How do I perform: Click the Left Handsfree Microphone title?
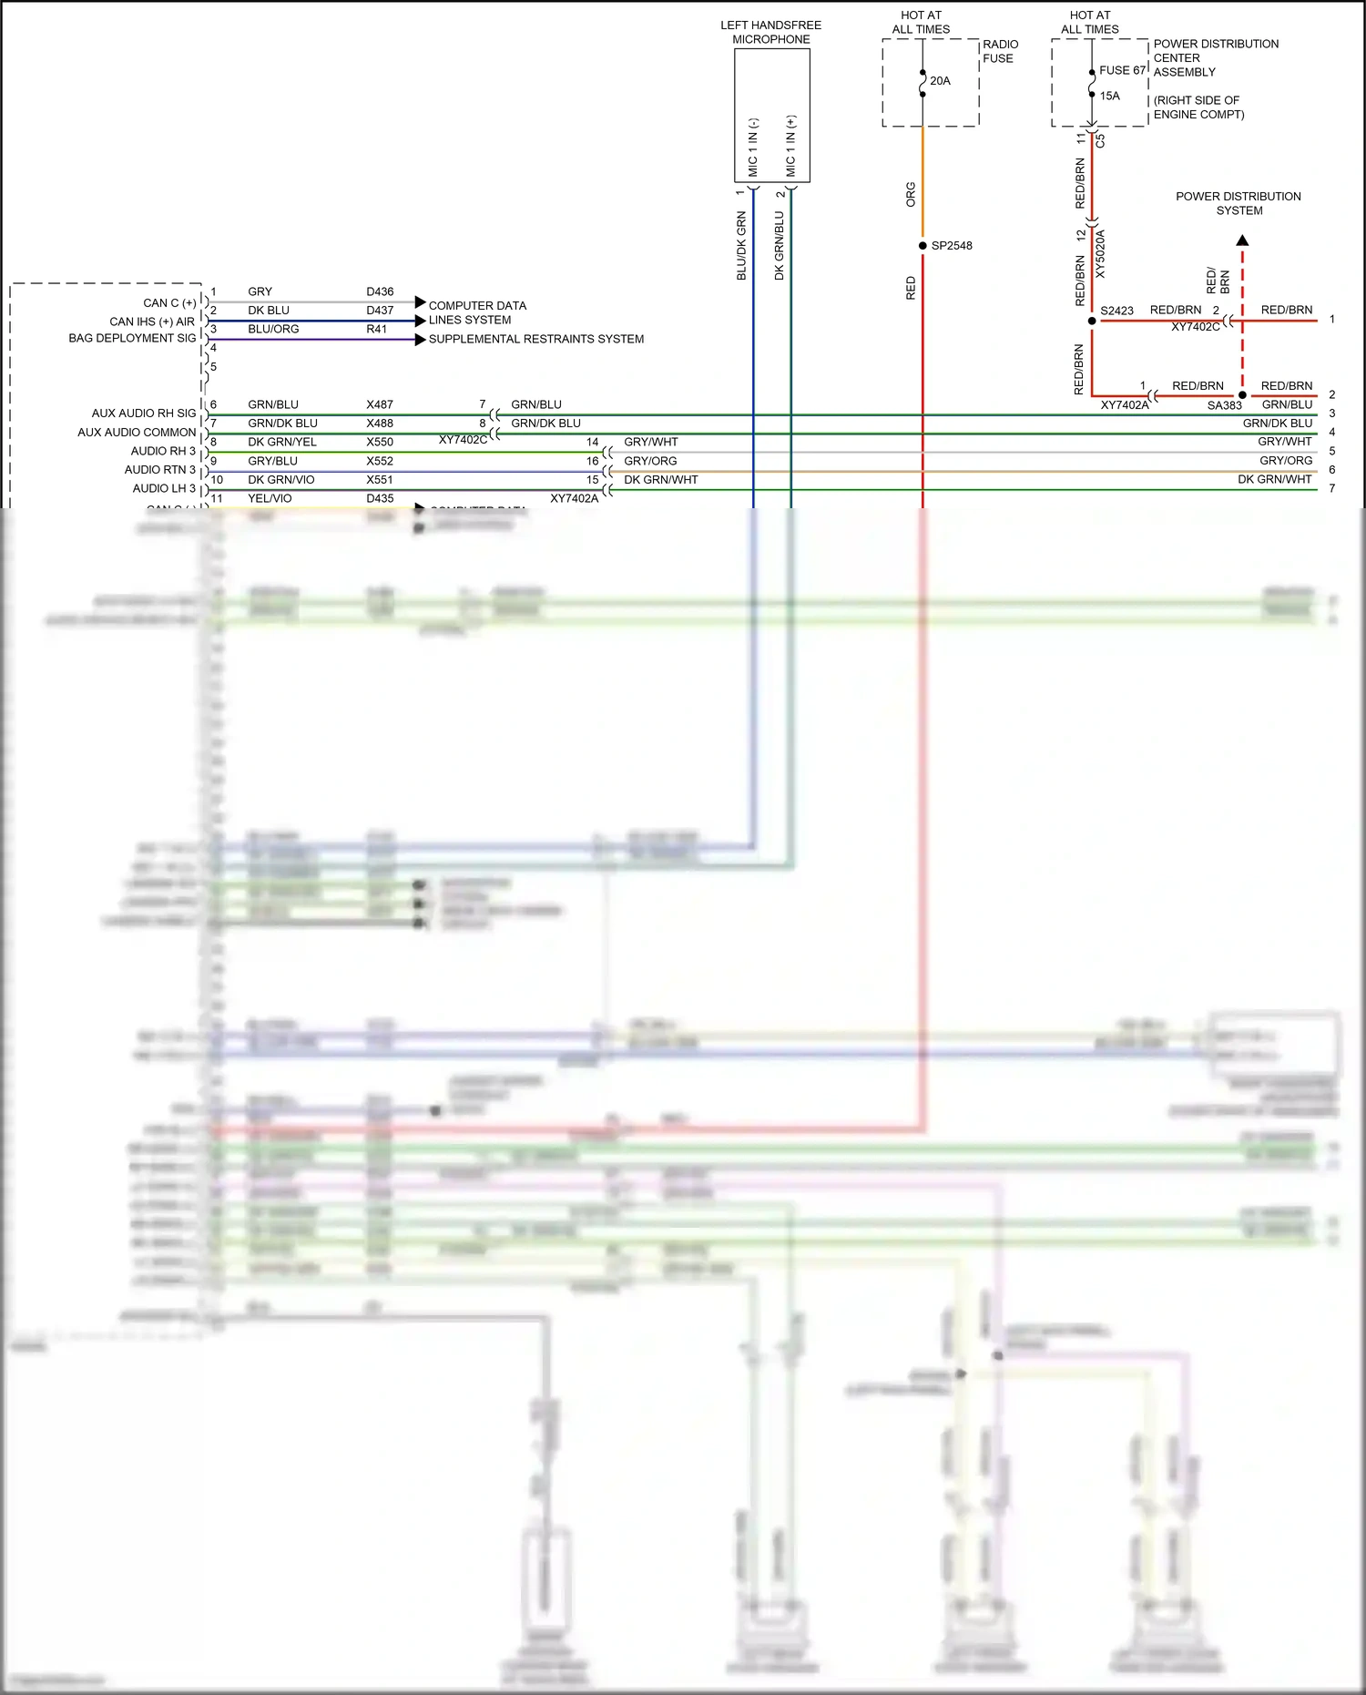point(770,32)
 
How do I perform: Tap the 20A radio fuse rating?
point(940,81)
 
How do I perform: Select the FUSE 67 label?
point(1122,70)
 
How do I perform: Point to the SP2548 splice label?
point(952,246)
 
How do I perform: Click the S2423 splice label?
point(1116,311)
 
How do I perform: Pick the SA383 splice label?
point(1224,406)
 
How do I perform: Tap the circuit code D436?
point(380,291)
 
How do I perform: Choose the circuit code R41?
point(377,329)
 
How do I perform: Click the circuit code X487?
point(380,404)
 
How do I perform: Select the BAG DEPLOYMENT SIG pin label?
point(132,338)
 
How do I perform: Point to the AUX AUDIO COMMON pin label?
point(137,433)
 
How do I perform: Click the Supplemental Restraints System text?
point(536,339)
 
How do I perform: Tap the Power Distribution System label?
point(1239,203)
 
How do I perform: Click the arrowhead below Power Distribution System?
point(1242,240)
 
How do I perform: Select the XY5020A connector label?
point(1100,254)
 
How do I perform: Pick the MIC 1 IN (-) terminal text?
point(753,147)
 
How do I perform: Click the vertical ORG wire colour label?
point(911,194)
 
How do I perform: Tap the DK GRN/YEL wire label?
point(282,442)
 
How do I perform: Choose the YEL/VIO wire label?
point(270,498)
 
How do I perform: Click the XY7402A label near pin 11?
point(574,498)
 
